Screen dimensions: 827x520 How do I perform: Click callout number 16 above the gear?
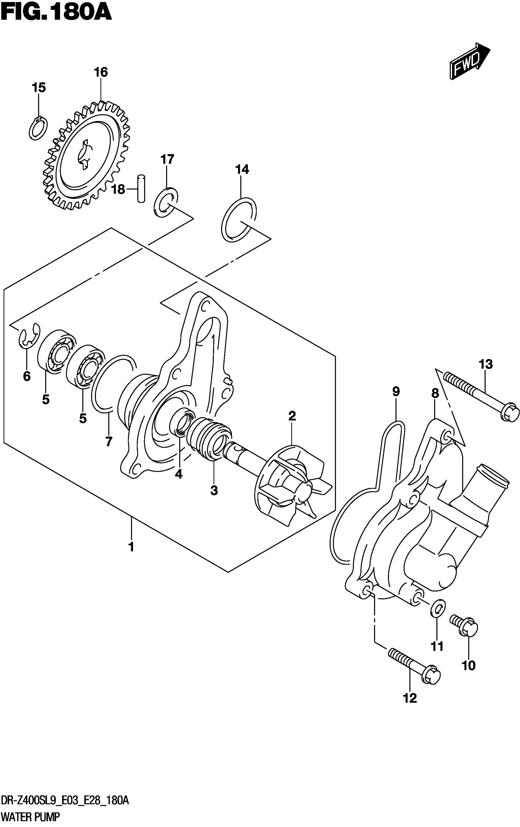click(101, 72)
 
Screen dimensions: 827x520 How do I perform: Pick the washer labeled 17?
click(166, 203)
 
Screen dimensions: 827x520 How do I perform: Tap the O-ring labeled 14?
click(239, 220)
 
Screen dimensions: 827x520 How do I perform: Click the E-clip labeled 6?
click(29, 337)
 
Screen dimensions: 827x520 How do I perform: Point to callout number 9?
click(396, 391)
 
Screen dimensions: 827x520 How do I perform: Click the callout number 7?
click(109, 441)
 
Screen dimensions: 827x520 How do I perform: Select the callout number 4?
click(178, 474)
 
